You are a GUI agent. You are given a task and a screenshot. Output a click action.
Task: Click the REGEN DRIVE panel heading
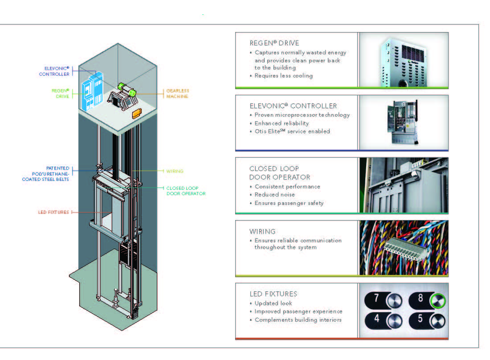274,43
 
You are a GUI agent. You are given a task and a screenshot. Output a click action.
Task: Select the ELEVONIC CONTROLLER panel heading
293,106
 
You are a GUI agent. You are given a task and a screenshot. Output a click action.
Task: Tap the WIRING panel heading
262,232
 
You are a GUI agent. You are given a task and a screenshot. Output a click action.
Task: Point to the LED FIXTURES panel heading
273,294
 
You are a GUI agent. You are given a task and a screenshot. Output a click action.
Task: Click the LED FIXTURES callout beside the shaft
53,213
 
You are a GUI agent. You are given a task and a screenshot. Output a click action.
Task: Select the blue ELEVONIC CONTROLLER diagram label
54,71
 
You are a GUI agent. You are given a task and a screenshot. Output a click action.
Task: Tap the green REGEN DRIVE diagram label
60,93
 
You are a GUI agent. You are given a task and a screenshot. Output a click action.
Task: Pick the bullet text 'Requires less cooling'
283,76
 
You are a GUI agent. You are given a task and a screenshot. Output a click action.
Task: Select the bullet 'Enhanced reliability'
282,123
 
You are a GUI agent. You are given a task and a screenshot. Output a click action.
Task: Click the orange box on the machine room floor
137,114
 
